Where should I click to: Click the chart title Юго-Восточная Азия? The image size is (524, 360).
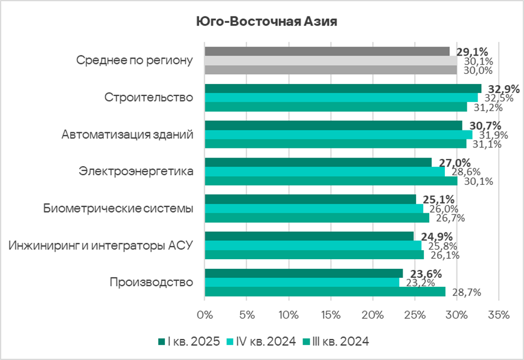pos(266,22)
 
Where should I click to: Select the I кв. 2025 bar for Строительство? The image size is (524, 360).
pos(343,88)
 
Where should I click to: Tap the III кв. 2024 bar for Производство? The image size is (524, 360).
pos(325,292)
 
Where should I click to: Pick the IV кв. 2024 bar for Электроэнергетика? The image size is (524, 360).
pos(325,172)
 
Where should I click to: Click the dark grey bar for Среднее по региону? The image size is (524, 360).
pos(327,51)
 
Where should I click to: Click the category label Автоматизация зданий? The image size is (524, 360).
pos(127,135)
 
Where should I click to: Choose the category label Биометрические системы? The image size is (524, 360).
pos(118,209)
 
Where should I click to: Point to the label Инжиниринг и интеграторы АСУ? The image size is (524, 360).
pos(101,246)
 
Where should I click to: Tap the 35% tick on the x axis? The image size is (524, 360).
pos(499,315)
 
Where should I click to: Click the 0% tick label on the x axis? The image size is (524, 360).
pos(205,315)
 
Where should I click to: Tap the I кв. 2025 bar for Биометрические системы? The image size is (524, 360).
pos(310,199)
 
